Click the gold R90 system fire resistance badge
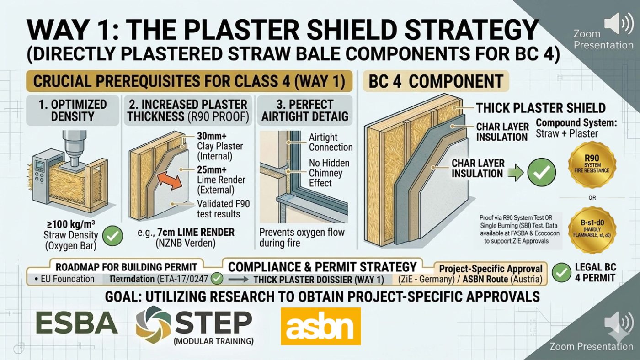tap(592, 164)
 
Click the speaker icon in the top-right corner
tap(618, 23)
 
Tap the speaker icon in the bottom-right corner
tap(618, 322)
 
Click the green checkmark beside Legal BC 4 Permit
tap(561, 272)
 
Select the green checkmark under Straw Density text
tap(112, 236)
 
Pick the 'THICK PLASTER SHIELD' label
tap(541, 108)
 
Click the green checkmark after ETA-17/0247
tap(218, 278)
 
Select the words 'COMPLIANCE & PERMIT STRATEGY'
tap(322, 267)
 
